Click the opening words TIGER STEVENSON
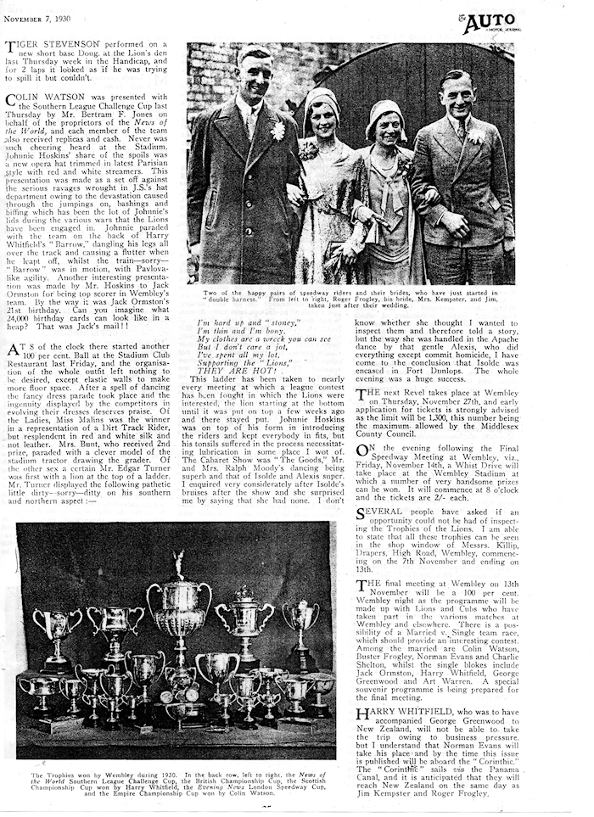[52, 50]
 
